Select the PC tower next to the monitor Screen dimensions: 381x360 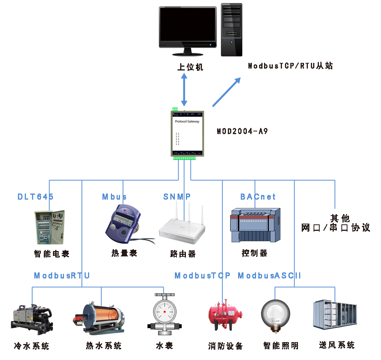click(x=232, y=30)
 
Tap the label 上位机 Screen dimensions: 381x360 click(x=190, y=67)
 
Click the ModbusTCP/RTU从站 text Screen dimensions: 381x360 click(x=290, y=66)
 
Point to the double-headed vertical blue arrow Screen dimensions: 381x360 click(x=184, y=90)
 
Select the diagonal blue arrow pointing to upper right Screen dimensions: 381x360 click(x=226, y=92)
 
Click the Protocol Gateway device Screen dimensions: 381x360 click(x=187, y=134)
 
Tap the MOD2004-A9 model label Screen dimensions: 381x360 click(x=242, y=131)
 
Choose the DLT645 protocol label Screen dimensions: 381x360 click(x=35, y=197)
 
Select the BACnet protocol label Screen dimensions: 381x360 click(x=258, y=197)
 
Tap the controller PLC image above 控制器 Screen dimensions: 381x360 click(x=255, y=225)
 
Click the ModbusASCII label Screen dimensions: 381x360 click(x=269, y=275)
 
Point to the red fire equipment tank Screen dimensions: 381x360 click(x=225, y=315)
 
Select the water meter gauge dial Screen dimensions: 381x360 click(x=165, y=312)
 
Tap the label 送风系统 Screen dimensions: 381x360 click(x=337, y=345)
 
